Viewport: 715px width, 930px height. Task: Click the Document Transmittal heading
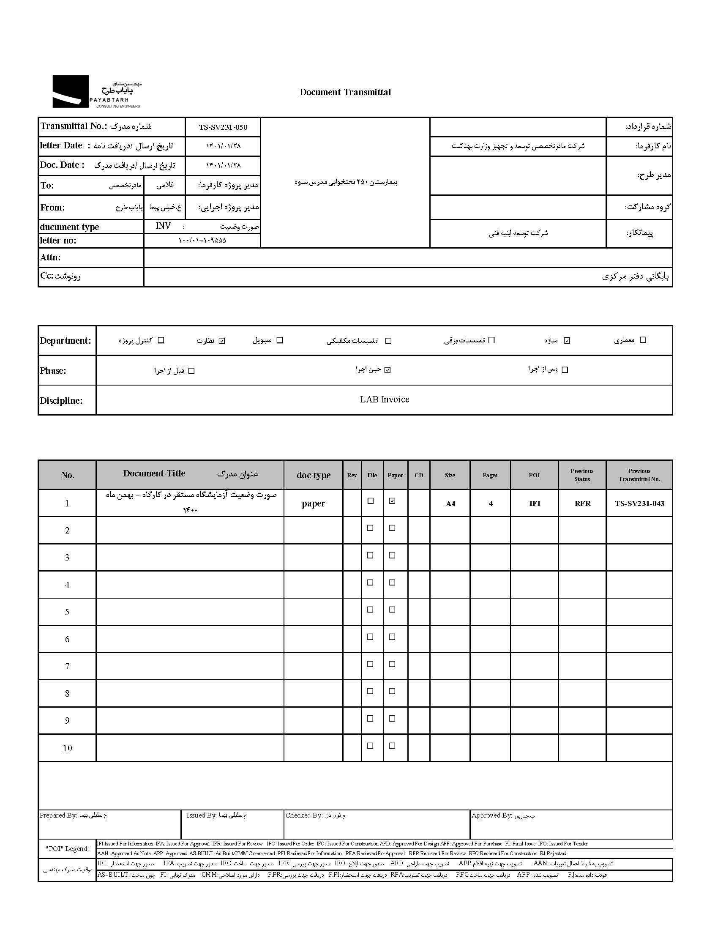click(345, 92)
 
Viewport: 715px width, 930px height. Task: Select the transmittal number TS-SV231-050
click(223, 127)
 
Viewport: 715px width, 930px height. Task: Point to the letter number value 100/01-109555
click(202, 241)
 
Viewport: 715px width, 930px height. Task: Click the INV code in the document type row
click(164, 226)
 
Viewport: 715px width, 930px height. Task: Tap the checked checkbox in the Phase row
click(387, 370)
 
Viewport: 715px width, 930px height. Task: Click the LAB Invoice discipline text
click(384, 399)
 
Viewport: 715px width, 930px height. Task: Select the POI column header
click(534, 475)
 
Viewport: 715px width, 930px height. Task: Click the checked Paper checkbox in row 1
click(392, 501)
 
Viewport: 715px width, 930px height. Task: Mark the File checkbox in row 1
click(370, 501)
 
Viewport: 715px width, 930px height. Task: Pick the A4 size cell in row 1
click(450, 503)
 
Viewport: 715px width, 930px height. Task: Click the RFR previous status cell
click(582, 503)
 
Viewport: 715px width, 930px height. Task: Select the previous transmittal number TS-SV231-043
click(639, 503)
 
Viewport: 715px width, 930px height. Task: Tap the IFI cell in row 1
click(535, 503)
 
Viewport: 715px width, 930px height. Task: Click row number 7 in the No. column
click(67, 667)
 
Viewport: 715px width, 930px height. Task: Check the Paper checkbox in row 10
click(392, 746)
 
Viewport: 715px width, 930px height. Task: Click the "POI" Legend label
click(67, 849)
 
